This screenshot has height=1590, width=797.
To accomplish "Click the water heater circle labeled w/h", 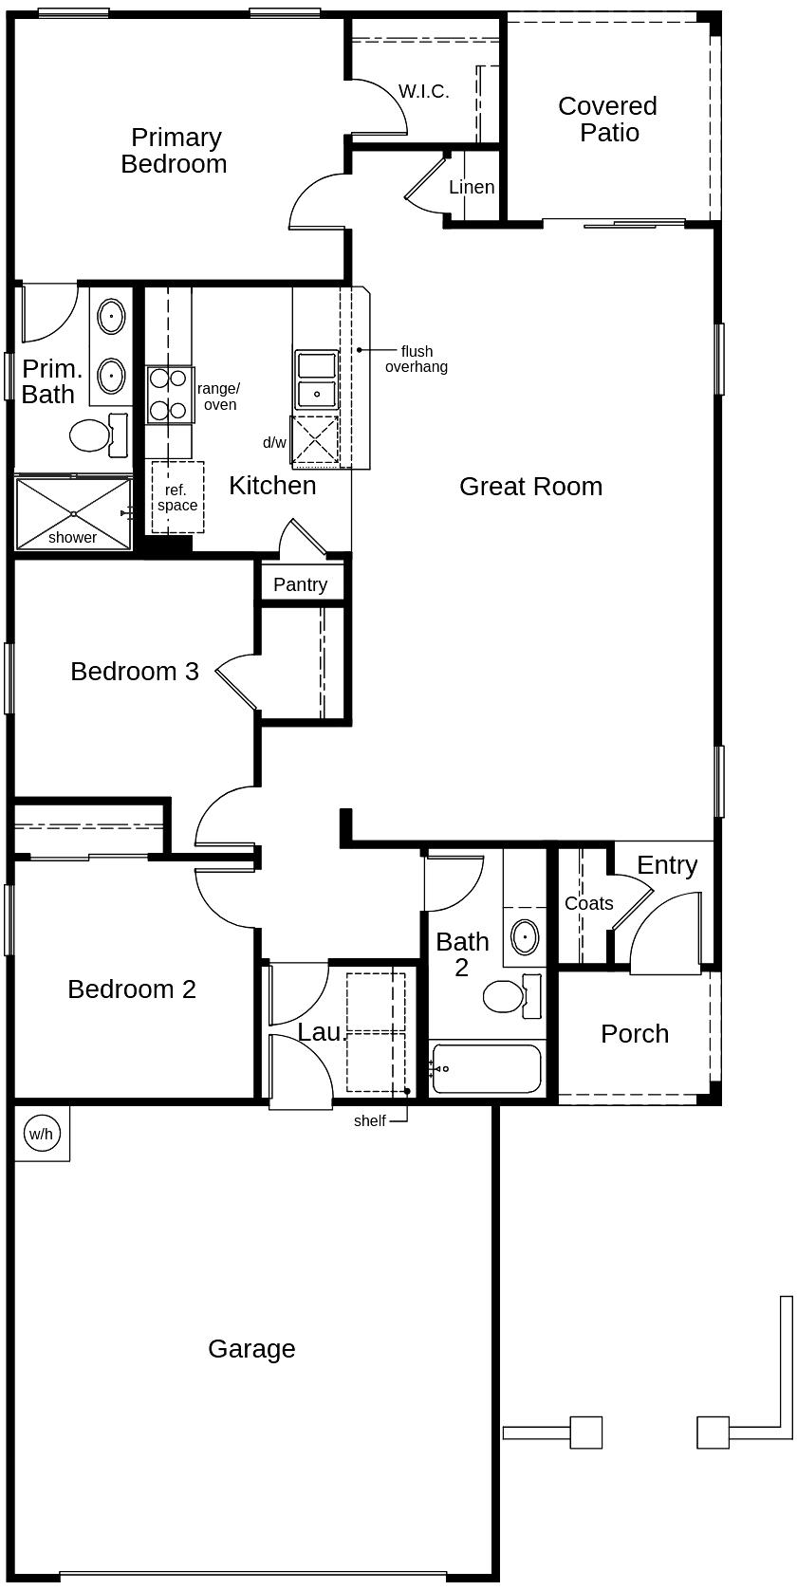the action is [x=41, y=1134].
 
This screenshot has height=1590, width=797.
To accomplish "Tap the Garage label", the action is [x=251, y=1349].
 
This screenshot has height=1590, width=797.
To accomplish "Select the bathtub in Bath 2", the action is [x=487, y=1068].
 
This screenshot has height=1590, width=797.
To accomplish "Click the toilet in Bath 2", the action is [x=512, y=996].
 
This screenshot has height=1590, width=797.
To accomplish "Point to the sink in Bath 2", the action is [x=525, y=937].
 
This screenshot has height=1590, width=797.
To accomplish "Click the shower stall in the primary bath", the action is [x=73, y=513].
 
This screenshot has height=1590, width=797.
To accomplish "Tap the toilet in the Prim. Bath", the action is [x=99, y=434].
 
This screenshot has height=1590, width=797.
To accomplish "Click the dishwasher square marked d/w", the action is [x=315, y=440].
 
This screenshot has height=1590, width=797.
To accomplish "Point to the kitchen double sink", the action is [x=317, y=379].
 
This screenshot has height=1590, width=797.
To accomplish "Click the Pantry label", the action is [x=300, y=585].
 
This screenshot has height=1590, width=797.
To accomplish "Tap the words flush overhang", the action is [x=417, y=360].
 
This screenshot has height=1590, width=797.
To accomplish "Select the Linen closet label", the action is [x=472, y=188].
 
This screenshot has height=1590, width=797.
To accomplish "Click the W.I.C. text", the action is [x=424, y=92].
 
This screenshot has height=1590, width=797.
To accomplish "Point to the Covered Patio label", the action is [x=608, y=120].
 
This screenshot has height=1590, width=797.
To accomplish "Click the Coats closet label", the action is [x=589, y=903].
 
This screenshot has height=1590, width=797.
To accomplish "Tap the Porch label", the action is [x=635, y=1033].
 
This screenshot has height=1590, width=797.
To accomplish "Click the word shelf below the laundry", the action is [x=370, y=1120].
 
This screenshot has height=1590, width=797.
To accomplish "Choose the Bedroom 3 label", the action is [x=135, y=672].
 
